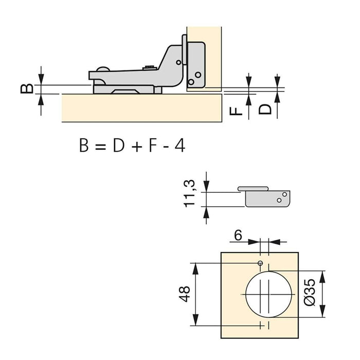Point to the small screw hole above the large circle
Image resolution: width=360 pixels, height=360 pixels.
point(261,264)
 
